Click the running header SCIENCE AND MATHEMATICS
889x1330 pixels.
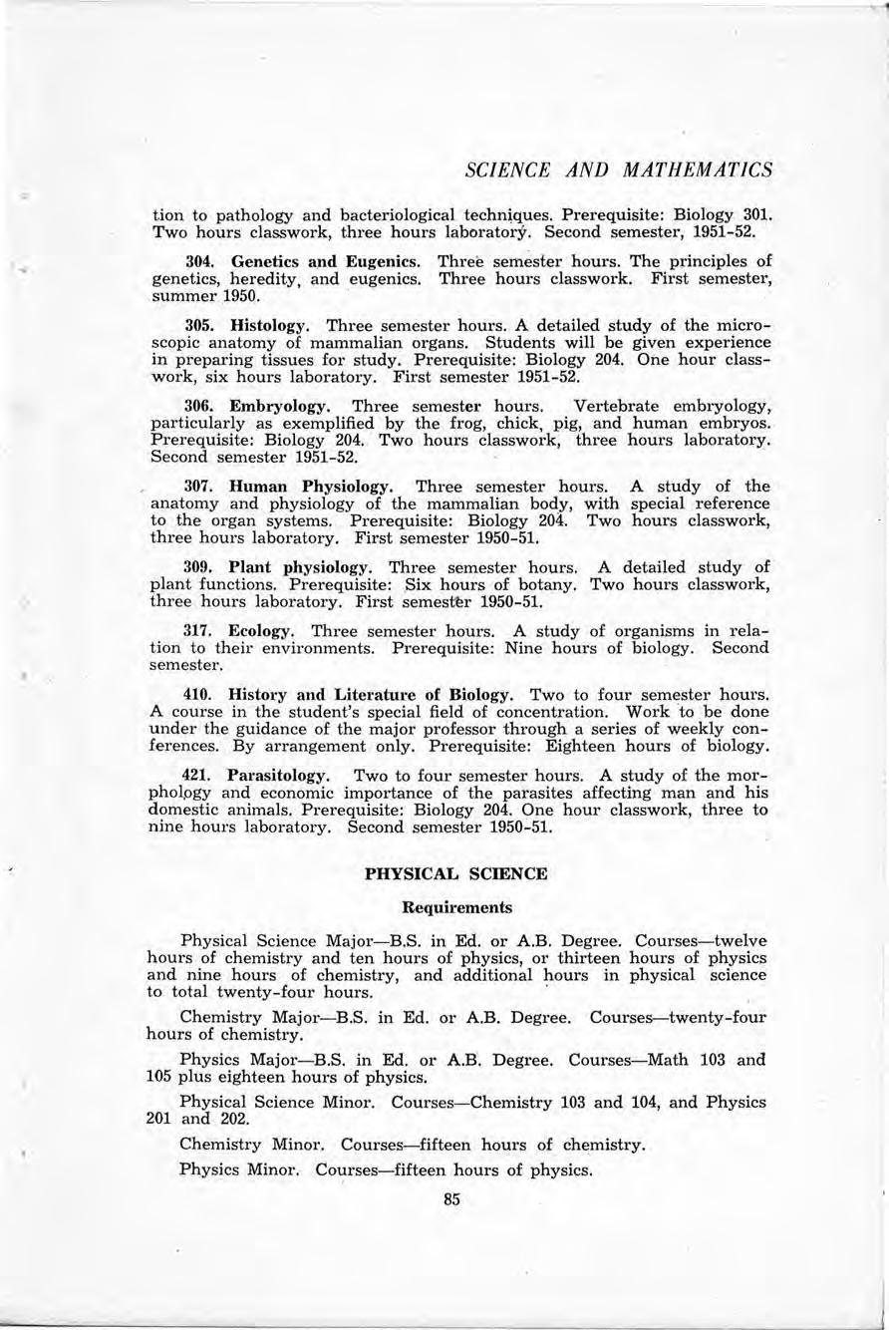[619, 169]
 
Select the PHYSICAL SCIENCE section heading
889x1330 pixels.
[455, 873]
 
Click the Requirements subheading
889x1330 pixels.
[455, 907]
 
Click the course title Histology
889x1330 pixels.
[264, 325]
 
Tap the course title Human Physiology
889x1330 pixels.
[311, 488]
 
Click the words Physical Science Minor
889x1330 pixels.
[277, 1103]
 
